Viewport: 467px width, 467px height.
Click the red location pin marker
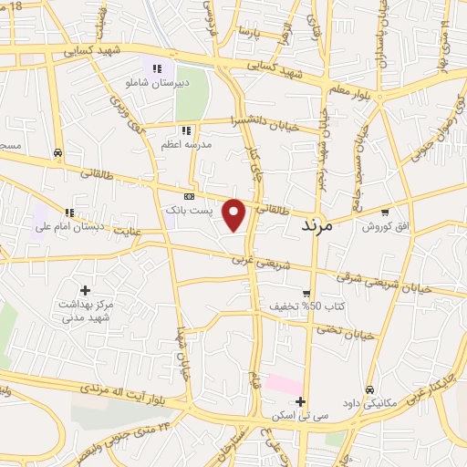coord(235,213)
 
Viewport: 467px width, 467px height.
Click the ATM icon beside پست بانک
coord(189,195)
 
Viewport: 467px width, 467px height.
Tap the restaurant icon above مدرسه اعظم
coord(187,130)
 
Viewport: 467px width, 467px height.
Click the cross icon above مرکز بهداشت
coord(85,290)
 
